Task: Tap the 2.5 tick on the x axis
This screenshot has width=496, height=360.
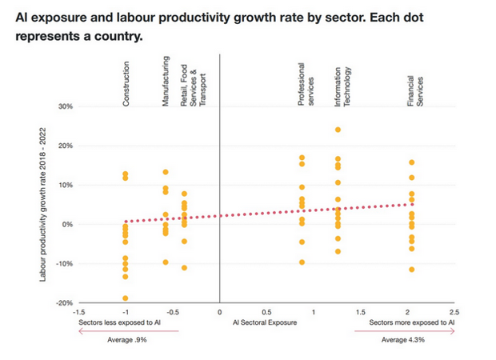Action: point(455,312)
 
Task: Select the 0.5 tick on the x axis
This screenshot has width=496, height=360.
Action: point(266,312)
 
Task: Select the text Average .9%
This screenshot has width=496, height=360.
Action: point(128,339)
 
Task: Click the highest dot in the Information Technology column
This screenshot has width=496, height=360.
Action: point(338,130)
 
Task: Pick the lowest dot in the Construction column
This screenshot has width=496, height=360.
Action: point(126,298)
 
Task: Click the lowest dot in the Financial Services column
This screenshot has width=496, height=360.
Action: point(411,270)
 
